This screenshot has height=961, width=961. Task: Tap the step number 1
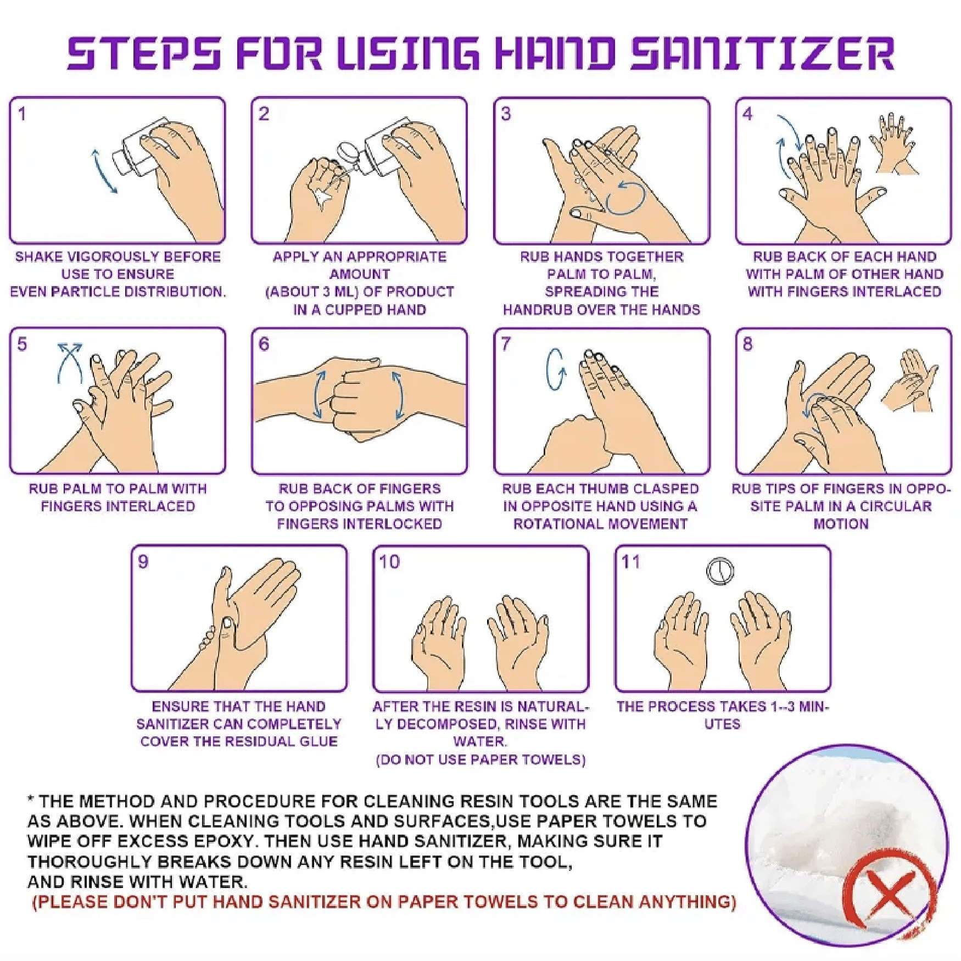[x=22, y=114]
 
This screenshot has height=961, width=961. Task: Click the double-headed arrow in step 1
[x=104, y=170]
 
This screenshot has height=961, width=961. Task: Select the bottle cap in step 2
[x=347, y=151]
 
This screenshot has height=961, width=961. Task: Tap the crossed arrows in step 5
[x=70, y=363]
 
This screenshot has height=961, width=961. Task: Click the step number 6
[x=264, y=344]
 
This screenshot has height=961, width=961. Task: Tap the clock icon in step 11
[x=719, y=571]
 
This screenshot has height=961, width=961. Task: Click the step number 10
[x=389, y=562]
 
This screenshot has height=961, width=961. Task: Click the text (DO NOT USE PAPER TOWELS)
[x=480, y=760]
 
